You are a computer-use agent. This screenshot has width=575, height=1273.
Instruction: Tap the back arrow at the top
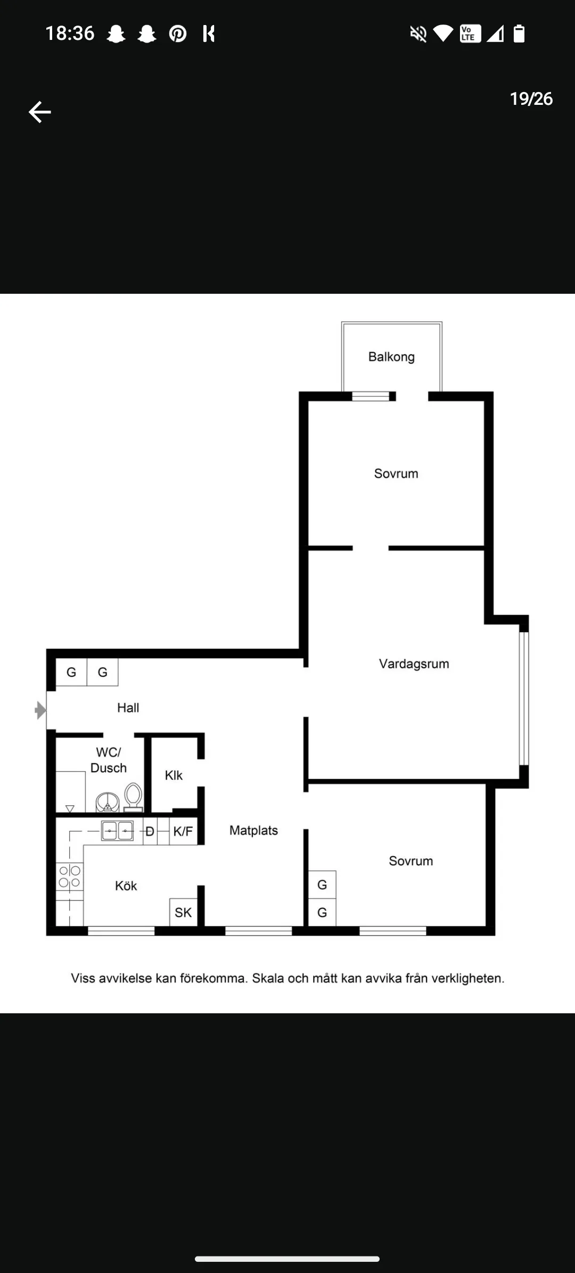coord(39,112)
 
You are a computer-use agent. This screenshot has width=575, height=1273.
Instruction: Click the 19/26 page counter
coord(531,99)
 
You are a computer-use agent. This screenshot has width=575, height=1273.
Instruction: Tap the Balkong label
coord(391,357)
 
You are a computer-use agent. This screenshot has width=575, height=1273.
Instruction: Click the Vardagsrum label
coord(414,664)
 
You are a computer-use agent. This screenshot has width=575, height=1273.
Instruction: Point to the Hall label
coord(128,707)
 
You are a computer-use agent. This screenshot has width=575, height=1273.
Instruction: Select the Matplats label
coord(253,830)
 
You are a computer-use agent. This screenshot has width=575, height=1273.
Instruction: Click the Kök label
coord(126,886)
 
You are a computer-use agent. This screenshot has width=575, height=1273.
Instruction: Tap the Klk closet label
coord(174,775)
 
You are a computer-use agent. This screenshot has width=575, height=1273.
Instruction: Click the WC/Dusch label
coord(109,760)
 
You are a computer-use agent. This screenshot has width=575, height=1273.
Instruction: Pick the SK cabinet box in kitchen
coord(183,912)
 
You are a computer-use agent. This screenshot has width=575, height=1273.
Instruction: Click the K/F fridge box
coord(183,831)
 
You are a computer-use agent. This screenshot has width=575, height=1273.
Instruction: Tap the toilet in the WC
coord(133,797)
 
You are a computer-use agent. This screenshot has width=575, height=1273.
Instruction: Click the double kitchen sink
coord(117,831)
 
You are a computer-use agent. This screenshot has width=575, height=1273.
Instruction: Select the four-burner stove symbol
coord(70,877)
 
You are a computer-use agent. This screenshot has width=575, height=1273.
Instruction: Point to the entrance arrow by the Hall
coord(40,710)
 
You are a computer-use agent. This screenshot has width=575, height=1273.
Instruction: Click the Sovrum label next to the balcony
coord(396,473)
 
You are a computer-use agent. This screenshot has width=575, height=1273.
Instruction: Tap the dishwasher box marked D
coord(150,831)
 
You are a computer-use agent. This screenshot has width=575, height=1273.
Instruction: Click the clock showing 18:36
coord(70,34)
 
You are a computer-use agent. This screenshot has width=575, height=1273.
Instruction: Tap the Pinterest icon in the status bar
coord(178,34)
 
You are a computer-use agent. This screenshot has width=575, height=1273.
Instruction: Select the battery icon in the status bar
coord(519,34)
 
